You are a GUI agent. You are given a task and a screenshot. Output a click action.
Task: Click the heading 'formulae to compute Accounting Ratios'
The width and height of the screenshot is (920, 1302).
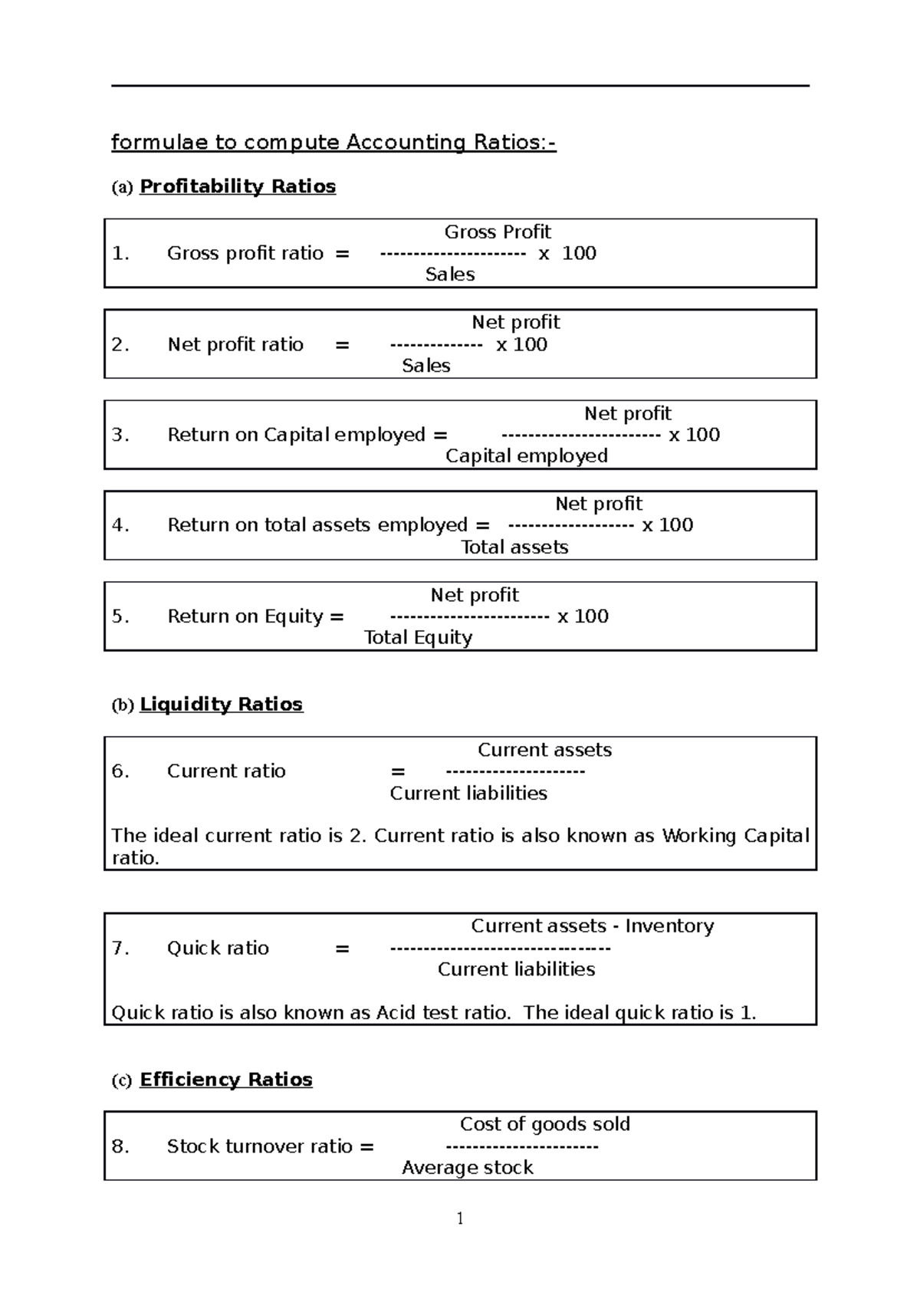[333, 143]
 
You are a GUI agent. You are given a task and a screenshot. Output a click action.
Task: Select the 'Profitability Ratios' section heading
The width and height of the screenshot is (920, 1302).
[238, 186]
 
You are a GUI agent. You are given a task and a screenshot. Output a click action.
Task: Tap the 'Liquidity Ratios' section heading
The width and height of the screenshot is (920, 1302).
[221, 704]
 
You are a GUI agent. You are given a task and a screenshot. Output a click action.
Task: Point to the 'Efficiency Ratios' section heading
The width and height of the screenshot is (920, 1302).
[225, 1080]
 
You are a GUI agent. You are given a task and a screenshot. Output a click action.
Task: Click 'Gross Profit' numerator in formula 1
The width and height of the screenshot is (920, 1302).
[498, 232]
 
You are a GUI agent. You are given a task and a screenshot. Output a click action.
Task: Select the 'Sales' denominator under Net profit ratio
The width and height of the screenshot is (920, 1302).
[426, 366]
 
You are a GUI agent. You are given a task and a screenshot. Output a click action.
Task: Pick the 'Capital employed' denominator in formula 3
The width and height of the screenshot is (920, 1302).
[527, 456]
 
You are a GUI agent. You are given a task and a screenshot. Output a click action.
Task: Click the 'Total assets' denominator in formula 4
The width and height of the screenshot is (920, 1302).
[514, 547]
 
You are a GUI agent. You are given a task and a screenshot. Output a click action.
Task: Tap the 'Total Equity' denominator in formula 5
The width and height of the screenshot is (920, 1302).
[418, 638]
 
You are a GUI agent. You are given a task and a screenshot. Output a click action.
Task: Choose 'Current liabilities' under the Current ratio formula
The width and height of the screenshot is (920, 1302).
[468, 794]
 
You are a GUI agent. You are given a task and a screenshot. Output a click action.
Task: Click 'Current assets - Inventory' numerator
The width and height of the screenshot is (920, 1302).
[592, 926]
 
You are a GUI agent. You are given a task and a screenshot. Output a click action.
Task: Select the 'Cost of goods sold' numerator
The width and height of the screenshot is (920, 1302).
[544, 1124]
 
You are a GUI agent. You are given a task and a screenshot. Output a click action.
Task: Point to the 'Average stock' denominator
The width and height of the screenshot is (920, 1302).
[467, 1168]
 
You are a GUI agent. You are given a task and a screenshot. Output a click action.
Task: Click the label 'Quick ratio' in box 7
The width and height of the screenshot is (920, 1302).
[218, 949]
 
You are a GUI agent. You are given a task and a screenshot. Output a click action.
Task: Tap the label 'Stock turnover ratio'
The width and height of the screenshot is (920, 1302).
[259, 1146]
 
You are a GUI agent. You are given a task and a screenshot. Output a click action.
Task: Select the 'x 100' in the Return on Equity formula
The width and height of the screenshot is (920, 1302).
[583, 616]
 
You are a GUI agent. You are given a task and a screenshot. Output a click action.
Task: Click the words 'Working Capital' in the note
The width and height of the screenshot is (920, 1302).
[735, 836]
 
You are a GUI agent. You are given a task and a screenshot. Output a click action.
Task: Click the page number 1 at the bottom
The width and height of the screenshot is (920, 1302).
[460, 1218]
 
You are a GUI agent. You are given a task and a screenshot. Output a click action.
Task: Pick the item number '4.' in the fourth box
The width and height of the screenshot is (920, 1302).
[120, 525]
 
